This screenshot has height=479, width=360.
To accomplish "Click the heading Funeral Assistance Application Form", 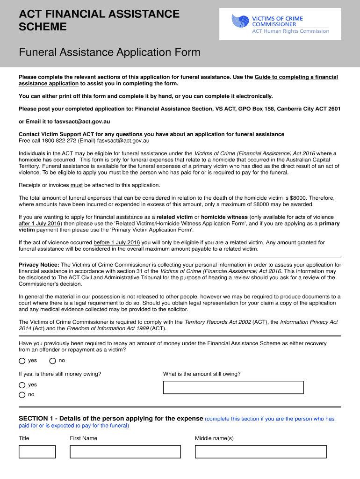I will (x=109, y=52).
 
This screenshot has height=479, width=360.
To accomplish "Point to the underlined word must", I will (x=77, y=185).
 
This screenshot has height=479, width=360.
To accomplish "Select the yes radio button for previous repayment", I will (x=22, y=361).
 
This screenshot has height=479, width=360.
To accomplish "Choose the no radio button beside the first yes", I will (x=52, y=361).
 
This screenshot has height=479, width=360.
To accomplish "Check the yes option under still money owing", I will (x=22, y=385).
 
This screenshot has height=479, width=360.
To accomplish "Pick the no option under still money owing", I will (x=22, y=395).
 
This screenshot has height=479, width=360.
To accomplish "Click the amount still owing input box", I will (x=233, y=387).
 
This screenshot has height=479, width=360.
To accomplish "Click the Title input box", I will (x=37, y=451).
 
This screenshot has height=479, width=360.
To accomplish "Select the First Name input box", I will (x=125, y=451).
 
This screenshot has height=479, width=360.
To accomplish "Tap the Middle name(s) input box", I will (x=260, y=451).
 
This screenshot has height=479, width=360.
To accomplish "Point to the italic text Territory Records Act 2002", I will (x=217, y=322).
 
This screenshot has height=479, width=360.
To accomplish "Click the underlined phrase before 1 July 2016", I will (x=117, y=242).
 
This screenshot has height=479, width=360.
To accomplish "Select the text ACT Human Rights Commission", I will (x=290, y=31).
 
